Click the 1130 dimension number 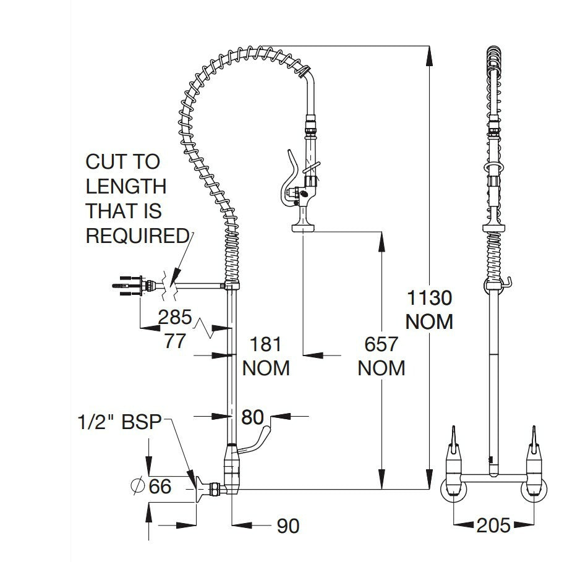click(x=428, y=299)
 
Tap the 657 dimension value click(x=381, y=344)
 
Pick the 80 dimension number click(x=252, y=417)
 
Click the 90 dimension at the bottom click(x=287, y=526)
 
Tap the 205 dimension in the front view click(x=493, y=526)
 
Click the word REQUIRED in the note click(x=137, y=236)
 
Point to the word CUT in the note click(x=103, y=162)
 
